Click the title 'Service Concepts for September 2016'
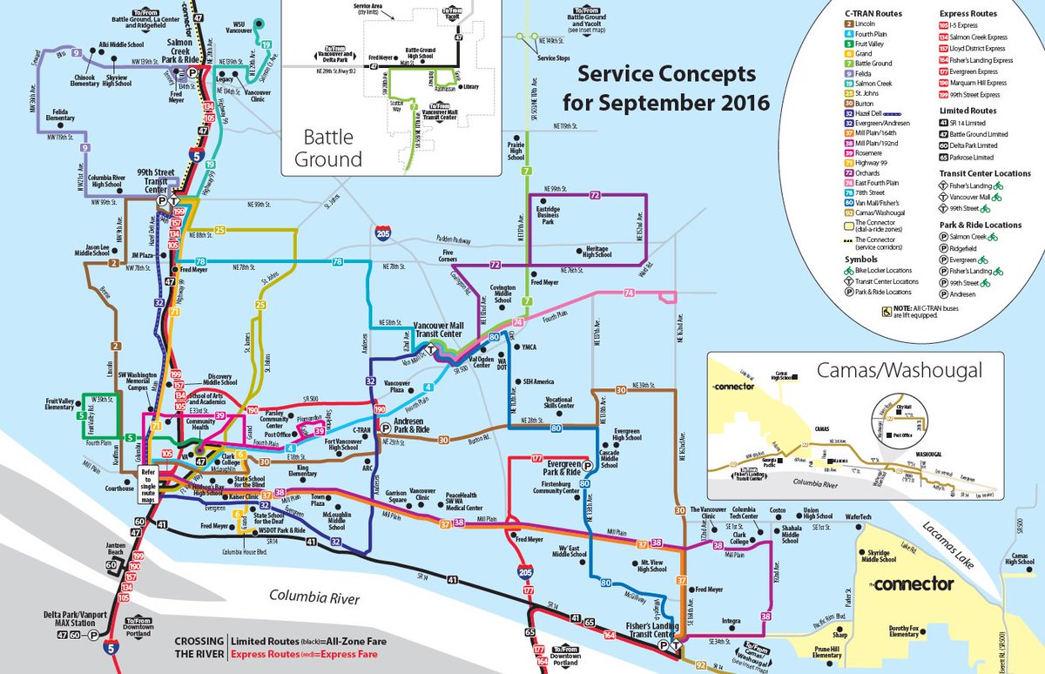[665, 88]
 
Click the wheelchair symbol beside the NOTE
[888, 309]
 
